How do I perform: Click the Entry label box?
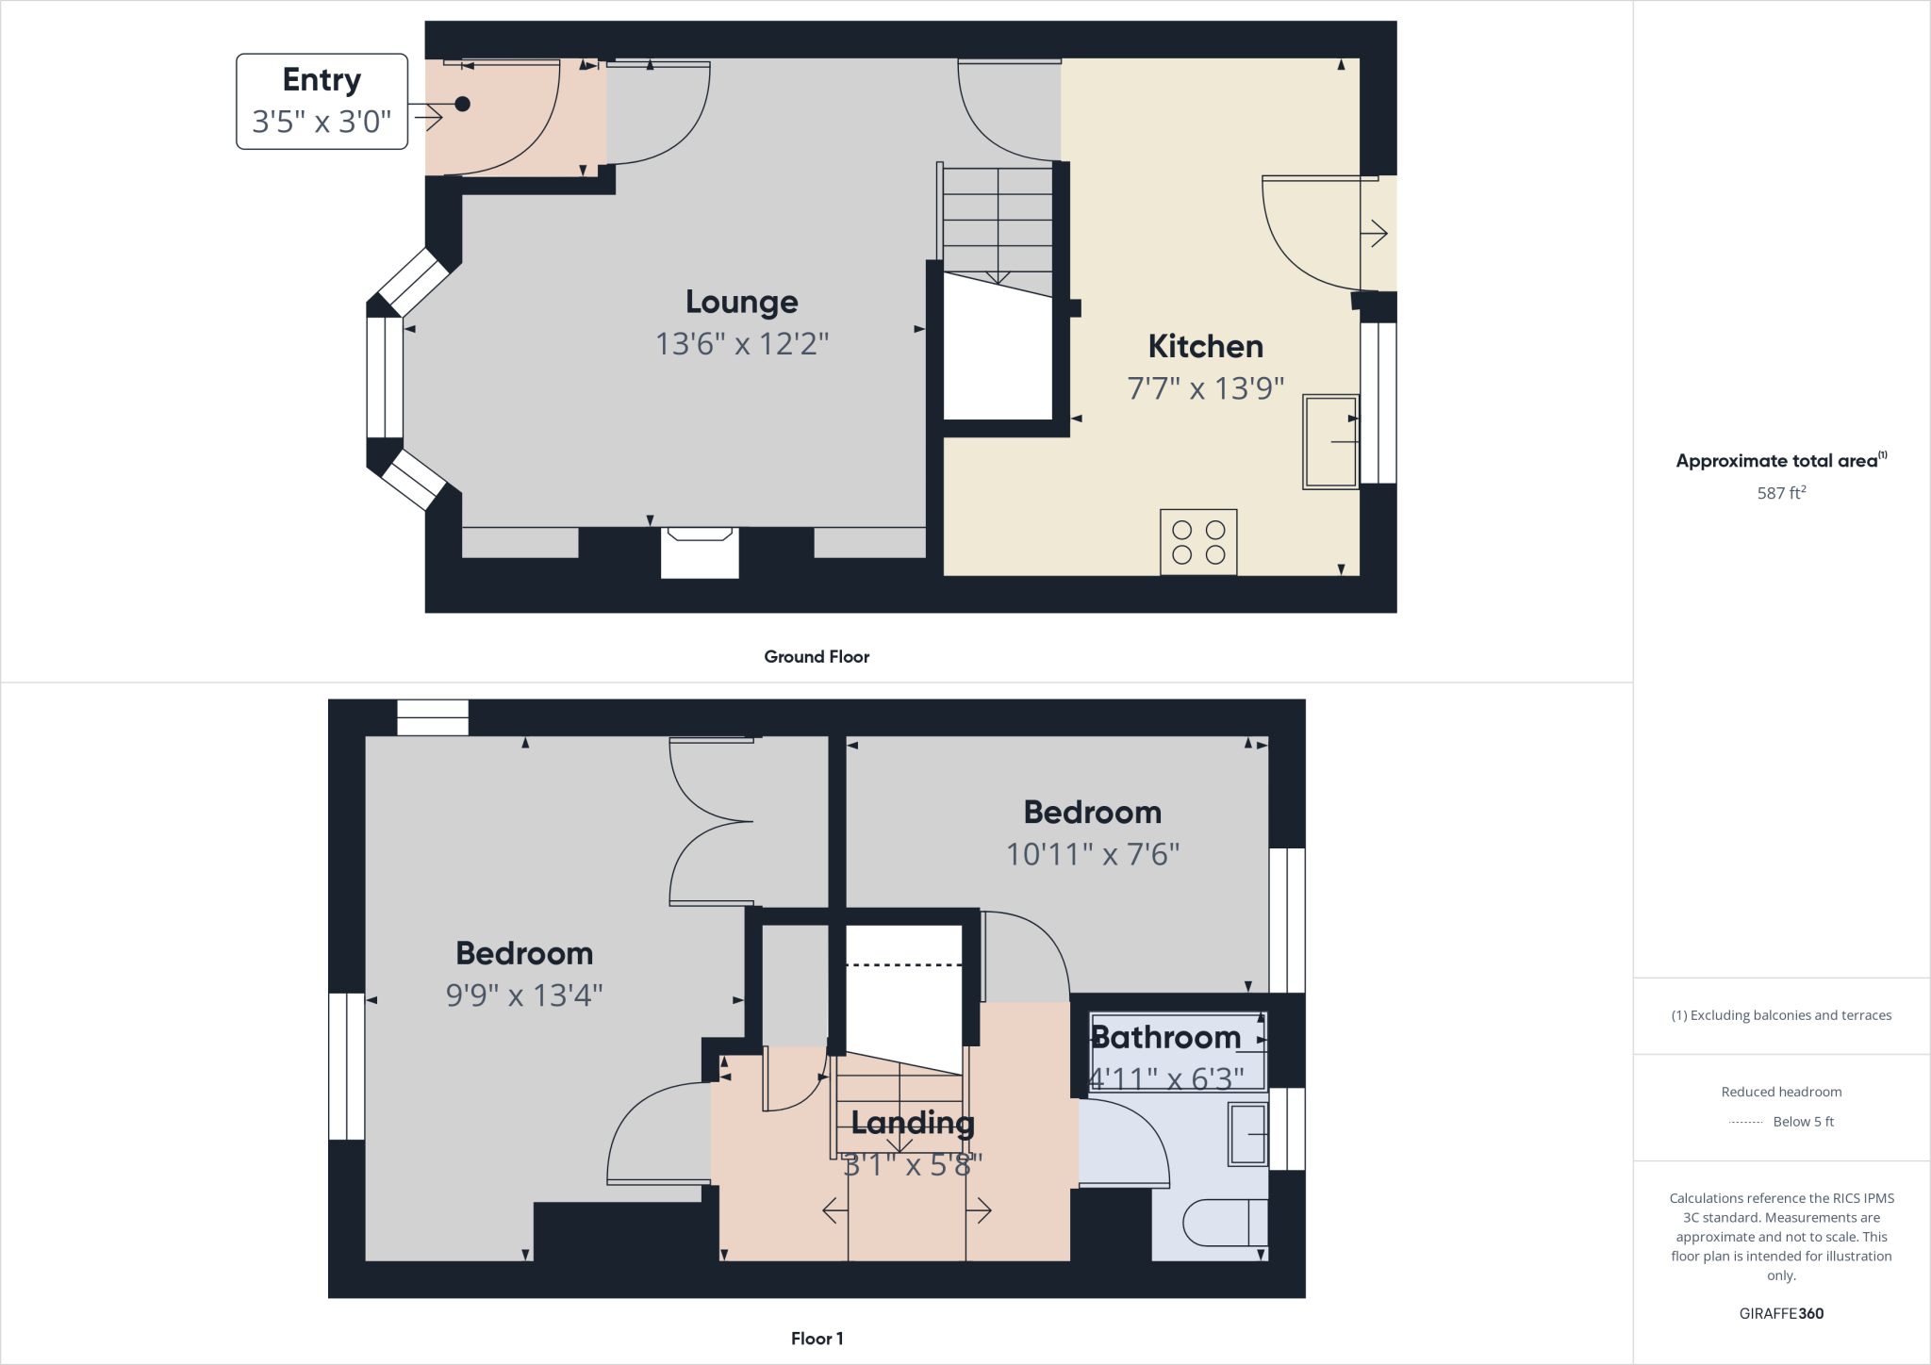[x=322, y=101]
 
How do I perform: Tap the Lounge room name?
[x=742, y=302]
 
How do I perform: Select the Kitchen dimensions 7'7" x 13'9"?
[x=1206, y=388]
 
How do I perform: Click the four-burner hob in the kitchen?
[x=1198, y=542]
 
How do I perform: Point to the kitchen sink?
[x=1330, y=441]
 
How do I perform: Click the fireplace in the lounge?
[x=700, y=551]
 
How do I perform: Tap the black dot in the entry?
[x=462, y=105]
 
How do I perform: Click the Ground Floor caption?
[x=817, y=657]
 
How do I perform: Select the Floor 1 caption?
[x=817, y=1339]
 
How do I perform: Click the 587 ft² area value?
[x=1781, y=493]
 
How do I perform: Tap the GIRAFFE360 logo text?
[x=1781, y=1313]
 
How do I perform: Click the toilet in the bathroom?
[x=1224, y=1223]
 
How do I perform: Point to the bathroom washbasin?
[x=1247, y=1135]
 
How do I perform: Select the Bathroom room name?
[x=1166, y=1038]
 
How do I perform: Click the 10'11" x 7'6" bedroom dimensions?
[x=1093, y=854]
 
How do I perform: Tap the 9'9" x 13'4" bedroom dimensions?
[x=524, y=995]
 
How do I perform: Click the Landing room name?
[x=913, y=1122]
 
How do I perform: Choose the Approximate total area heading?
[x=1777, y=461]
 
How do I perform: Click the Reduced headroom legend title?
[x=1781, y=1092]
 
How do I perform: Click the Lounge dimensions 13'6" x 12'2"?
[x=742, y=344]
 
